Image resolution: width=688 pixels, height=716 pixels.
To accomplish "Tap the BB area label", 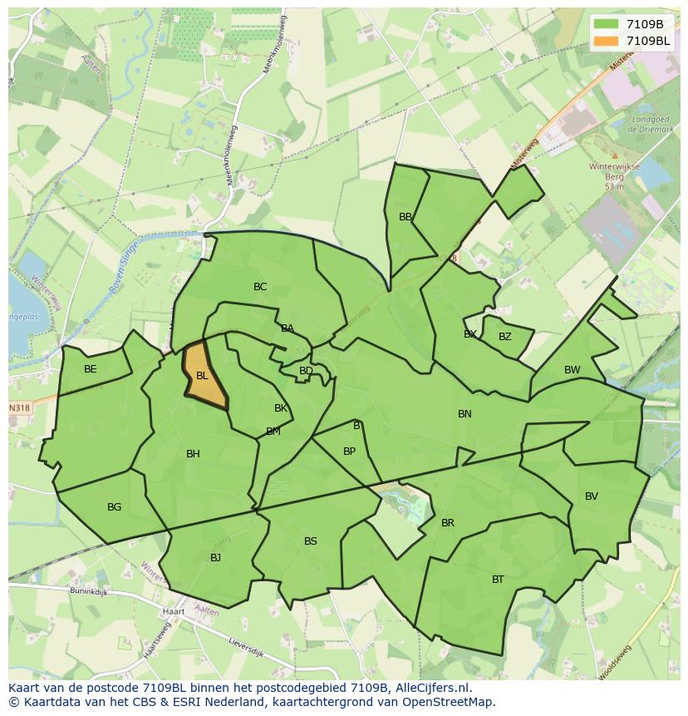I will tap(405, 217).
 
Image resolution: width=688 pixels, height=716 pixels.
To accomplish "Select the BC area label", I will tap(260, 287).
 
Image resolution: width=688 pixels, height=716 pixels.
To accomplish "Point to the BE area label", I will tap(91, 369).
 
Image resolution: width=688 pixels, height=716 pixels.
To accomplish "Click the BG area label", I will tap(114, 507).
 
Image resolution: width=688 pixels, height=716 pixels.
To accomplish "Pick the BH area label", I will tap(193, 454).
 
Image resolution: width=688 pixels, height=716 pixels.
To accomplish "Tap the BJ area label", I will tap(215, 558).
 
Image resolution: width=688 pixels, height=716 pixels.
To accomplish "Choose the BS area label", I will tap(310, 541).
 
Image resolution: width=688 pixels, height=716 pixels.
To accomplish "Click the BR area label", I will tap(448, 523).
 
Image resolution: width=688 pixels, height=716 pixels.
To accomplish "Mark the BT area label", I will tap(498, 580).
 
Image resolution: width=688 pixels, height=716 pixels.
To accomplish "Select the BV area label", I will tap(592, 496).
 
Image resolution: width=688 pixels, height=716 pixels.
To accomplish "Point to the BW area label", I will tap(573, 370).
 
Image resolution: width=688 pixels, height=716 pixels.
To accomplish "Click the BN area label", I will tap(464, 413).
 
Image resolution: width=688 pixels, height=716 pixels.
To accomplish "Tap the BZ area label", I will tap(505, 337).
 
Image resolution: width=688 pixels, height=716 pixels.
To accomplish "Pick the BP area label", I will tap(349, 452).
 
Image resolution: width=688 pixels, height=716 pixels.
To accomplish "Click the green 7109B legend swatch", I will tap(607, 24).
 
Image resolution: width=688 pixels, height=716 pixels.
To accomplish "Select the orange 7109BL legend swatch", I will tap(607, 41).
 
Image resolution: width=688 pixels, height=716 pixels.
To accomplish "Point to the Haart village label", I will tap(174, 611).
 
